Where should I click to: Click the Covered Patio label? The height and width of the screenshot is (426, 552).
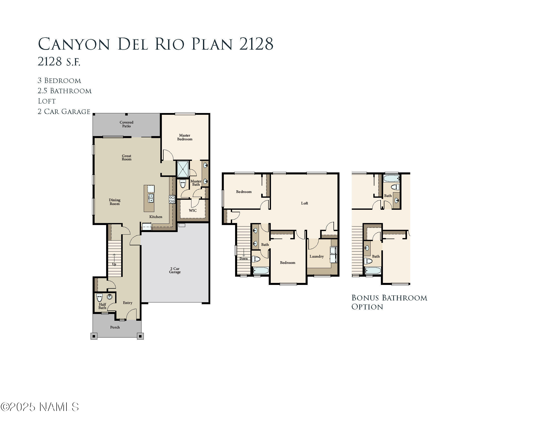(126, 124)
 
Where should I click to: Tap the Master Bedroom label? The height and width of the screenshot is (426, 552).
(184, 137)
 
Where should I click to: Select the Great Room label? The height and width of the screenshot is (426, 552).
(126, 157)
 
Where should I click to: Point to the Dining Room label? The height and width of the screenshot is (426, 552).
(114, 202)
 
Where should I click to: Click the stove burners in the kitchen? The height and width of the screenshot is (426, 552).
(172, 199)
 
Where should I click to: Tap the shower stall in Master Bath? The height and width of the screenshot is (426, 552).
(183, 169)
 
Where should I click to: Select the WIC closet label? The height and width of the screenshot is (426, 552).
(193, 210)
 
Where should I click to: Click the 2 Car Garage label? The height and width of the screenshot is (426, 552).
(175, 270)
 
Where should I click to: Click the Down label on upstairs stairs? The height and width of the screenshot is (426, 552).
(243, 259)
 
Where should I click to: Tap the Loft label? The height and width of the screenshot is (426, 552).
(304, 203)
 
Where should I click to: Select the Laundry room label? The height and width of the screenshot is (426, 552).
(316, 256)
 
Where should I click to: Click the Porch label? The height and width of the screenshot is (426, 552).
(115, 327)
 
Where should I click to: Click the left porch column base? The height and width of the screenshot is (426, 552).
(94, 336)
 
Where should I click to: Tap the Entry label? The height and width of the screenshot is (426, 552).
(127, 303)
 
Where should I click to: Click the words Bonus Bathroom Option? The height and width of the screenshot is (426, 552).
(389, 302)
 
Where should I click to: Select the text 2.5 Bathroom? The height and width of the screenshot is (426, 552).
(64, 91)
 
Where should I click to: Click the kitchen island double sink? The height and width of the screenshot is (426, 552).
(151, 198)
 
